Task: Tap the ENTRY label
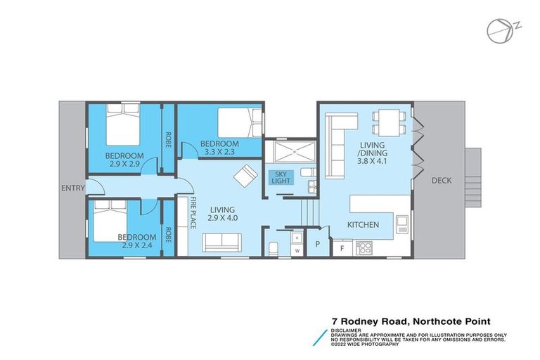tap(73, 188)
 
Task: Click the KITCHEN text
tap(363, 224)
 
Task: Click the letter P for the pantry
tap(318, 245)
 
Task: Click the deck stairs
tap(475, 179)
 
